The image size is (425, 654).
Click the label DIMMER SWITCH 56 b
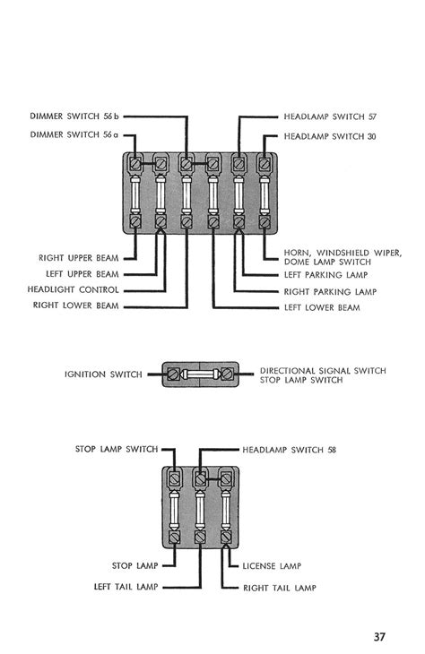click(74, 116)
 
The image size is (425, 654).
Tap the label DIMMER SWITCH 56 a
click(74, 134)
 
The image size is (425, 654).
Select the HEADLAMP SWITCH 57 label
click(330, 116)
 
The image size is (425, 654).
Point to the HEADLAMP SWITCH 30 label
click(330, 136)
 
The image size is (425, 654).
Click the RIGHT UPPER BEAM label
click(79, 258)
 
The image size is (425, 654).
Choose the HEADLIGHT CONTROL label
click(73, 289)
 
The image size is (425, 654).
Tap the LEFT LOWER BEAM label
click(322, 308)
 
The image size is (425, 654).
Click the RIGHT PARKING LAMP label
click(330, 292)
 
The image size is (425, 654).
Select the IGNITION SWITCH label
click(103, 374)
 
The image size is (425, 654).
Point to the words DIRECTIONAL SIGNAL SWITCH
click(323, 370)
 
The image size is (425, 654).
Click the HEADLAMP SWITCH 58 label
click(290, 450)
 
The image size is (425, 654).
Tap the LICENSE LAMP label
click(272, 566)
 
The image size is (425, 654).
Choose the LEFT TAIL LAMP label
click(126, 587)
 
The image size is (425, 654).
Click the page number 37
click(379, 637)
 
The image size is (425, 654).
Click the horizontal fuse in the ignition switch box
click(200, 374)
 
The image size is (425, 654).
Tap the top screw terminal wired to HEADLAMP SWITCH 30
click(264, 164)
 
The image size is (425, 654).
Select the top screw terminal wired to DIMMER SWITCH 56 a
click(135, 164)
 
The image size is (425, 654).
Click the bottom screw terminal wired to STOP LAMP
click(175, 538)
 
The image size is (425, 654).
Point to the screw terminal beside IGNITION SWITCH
click(174, 374)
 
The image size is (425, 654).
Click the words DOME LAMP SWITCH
click(327, 262)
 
